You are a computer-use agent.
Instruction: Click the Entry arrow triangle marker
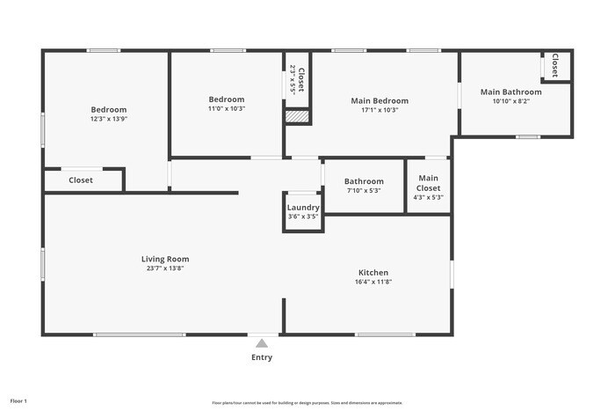coord(262,343)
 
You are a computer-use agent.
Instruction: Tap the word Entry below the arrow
coord(262,357)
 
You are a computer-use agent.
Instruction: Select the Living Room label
coord(165,259)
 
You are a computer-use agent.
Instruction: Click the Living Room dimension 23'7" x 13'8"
coord(165,268)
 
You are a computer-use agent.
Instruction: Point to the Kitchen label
coord(373,273)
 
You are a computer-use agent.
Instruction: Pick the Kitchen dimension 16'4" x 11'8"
coord(373,283)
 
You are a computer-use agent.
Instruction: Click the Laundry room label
coord(303,208)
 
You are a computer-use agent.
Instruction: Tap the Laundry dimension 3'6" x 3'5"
coord(303,217)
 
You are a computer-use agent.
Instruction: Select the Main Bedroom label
coord(380,100)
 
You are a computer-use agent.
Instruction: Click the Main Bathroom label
coord(510,92)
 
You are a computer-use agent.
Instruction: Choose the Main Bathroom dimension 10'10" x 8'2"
coord(510,101)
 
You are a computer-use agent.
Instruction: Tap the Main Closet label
coord(428,183)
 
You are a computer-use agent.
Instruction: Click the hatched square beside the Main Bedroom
coord(298,116)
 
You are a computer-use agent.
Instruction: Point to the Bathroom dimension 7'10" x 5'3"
coord(364,190)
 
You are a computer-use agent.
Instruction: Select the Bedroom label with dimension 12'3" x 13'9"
coord(108,109)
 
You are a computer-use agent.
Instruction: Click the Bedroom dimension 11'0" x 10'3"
coord(226,109)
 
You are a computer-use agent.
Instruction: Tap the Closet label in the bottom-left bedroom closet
coord(81,180)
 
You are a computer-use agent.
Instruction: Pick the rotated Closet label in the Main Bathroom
coord(555,66)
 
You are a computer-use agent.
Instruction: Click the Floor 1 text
coord(18,401)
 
